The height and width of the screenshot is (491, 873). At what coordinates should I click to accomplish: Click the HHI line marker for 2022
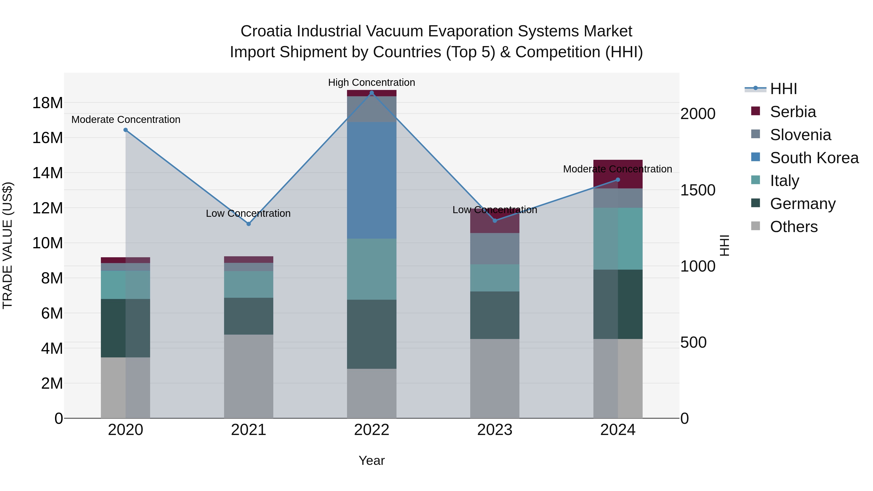(x=372, y=93)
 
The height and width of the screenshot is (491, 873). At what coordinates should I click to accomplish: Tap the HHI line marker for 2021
(x=248, y=224)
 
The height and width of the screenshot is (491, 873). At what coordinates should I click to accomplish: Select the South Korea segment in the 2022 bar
(x=372, y=180)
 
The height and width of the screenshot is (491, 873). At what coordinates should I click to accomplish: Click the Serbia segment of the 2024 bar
(x=618, y=174)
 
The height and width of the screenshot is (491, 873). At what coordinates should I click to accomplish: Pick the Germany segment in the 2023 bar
(x=494, y=315)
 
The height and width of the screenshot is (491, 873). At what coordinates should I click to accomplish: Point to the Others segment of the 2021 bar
(x=248, y=376)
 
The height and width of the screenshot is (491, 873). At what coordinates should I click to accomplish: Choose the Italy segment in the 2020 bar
(x=125, y=285)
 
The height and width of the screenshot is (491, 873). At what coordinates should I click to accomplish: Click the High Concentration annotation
(x=372, y=82)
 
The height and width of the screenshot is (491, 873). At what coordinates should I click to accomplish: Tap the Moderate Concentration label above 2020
(x=126, y=120)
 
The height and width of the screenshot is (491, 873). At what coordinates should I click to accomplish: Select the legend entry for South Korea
(x=814, y=158)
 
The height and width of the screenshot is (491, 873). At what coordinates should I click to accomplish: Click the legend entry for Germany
(x=802, y=204)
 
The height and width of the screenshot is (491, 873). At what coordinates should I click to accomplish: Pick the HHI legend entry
(x=783, y=89)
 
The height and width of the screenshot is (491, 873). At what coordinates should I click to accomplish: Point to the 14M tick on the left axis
(x=48, y=173)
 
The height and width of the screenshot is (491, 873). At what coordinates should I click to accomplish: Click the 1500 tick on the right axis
(x=698, y=190)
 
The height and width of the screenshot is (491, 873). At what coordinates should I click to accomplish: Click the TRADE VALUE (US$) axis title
(x=8, y=245)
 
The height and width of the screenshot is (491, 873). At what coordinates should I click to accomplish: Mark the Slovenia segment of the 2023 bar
(x=494, y=249)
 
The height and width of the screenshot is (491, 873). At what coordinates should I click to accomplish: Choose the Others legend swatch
(x=755, y=226)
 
